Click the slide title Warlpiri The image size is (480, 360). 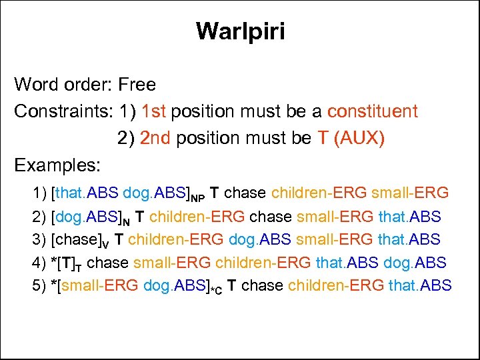(x=240, y=31)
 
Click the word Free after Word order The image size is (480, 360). (x=137, y=85)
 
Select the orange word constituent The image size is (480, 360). (x=373, y=111)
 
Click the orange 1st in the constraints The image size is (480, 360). (x=153, y=111)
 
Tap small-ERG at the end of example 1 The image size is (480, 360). (x=410, y=193)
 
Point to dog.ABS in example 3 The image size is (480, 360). (x=259, y=239)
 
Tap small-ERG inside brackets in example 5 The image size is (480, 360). (x=101, y=285)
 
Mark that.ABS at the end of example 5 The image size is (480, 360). (x=420, y=285)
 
